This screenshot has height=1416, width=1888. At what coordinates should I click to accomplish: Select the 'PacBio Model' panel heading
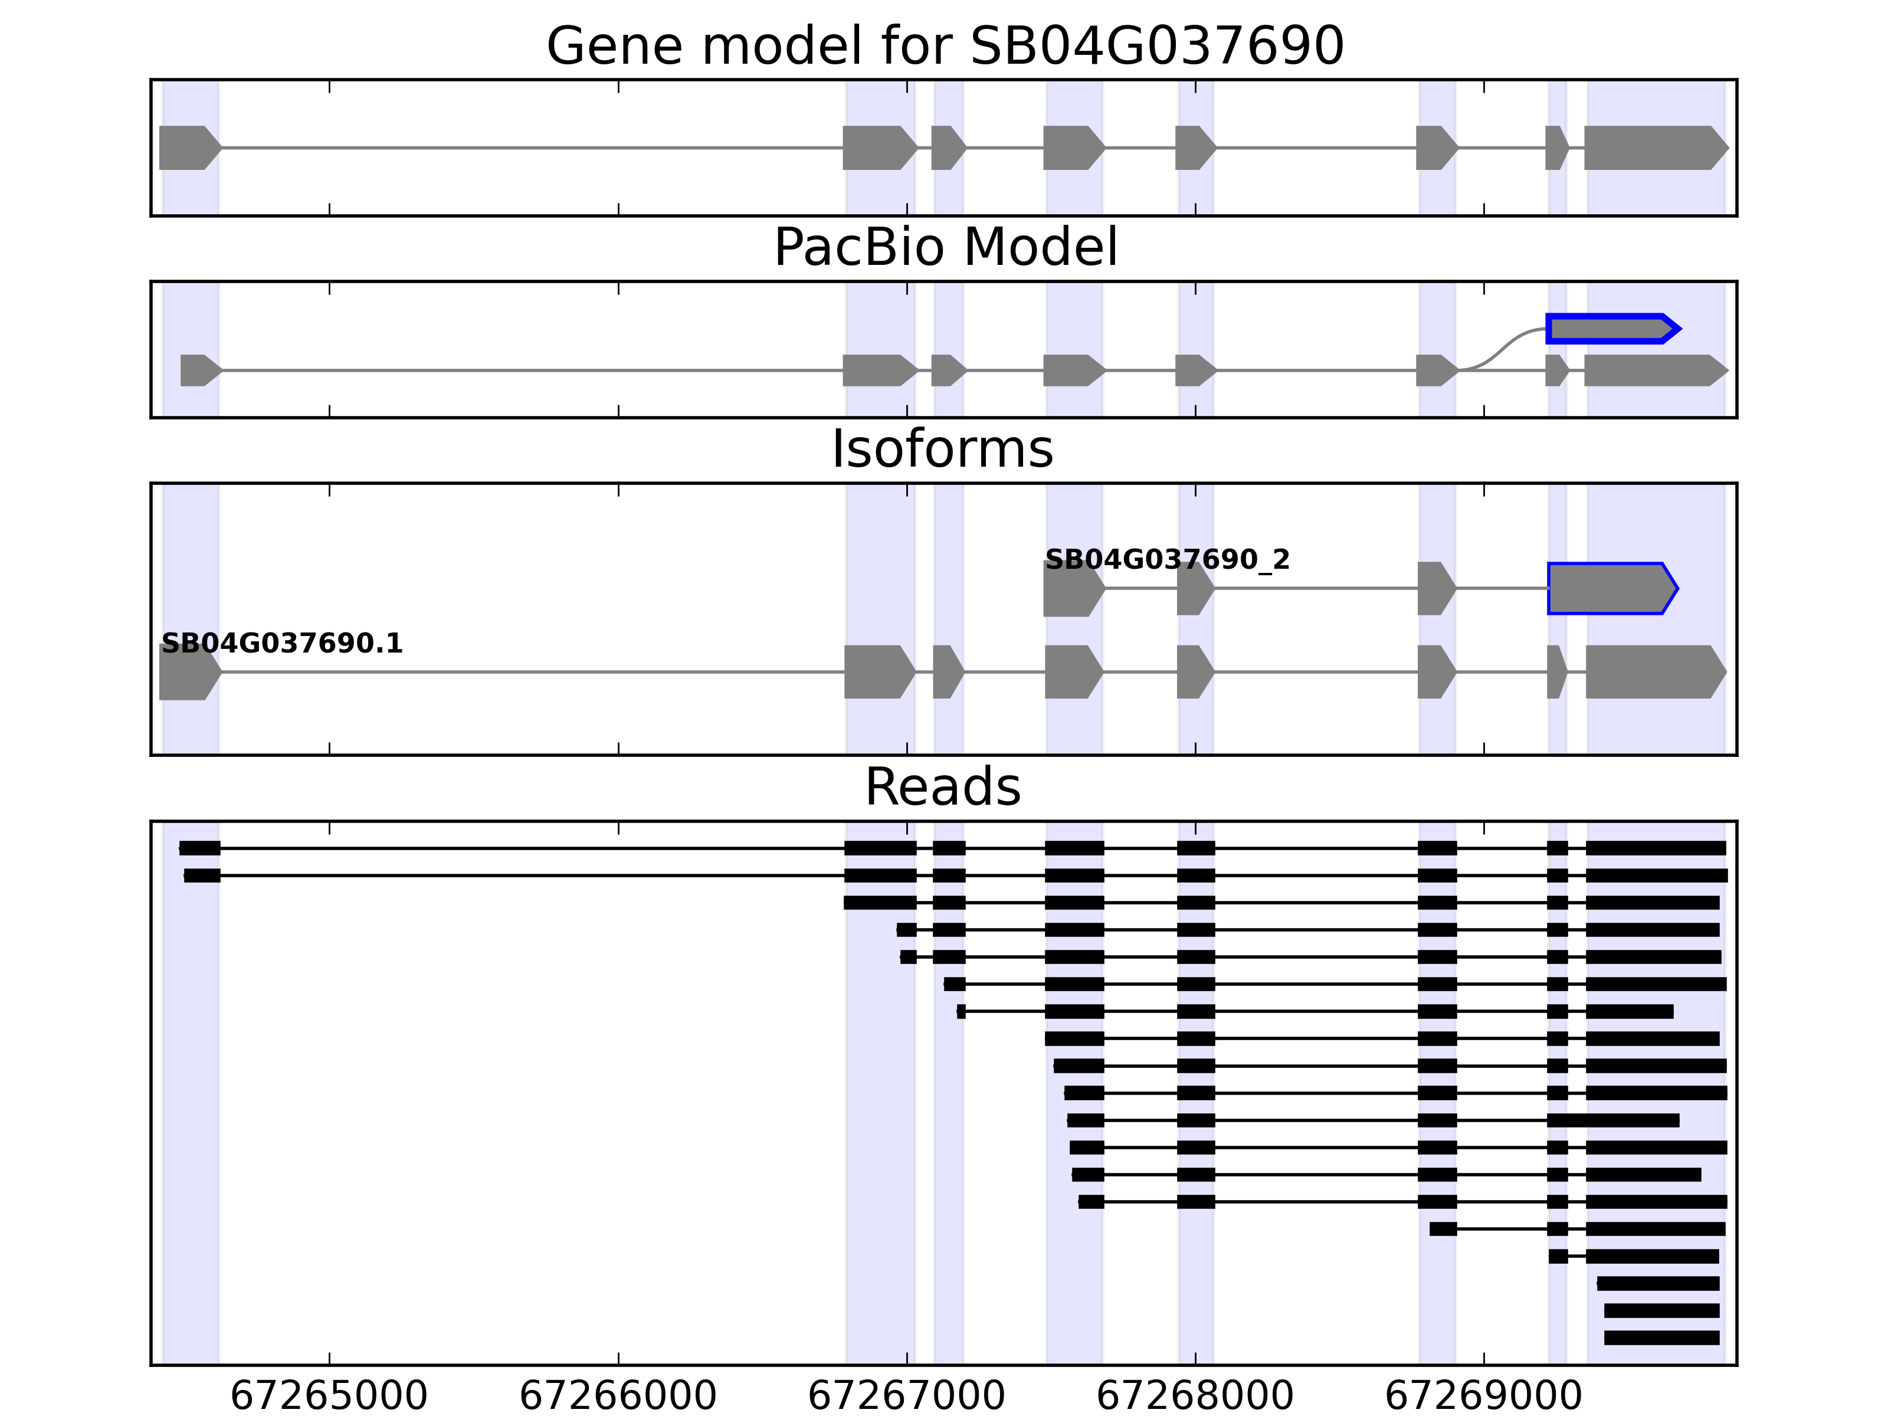[x=945, y=248]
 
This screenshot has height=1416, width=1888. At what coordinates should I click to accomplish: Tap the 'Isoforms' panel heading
[x=942, y=449]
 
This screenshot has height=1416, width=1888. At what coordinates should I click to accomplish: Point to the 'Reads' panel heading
[x=942, y=787]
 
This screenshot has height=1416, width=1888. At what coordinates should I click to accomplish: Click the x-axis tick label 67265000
[x=329, y=1395]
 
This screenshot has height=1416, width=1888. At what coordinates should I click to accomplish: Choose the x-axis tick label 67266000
[x=617, y=1395]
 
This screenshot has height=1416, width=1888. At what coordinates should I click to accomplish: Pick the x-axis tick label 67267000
[x=906, y=1395]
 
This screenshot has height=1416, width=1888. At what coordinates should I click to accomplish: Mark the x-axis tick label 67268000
[x=1194, y=1395]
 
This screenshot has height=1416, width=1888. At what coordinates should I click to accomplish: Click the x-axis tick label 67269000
[x=1483, y=1395]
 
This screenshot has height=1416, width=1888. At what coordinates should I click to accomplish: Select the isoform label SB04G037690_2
[x=1167, y=560]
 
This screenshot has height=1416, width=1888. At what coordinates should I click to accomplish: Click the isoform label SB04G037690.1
[x=281, y=644]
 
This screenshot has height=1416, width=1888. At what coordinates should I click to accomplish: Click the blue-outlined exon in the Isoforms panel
[x=1610, y=588]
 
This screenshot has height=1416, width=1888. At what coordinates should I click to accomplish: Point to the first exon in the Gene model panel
[x=188, y=147]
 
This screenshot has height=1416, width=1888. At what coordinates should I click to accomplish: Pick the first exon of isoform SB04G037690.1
[x=188, y=673]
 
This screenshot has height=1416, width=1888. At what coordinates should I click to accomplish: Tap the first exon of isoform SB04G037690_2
[x=1072, y=588]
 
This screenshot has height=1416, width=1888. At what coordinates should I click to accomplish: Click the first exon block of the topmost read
[x=200, y=848]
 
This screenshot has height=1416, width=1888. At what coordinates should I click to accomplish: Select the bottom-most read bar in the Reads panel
[x=1661, y=1338]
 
